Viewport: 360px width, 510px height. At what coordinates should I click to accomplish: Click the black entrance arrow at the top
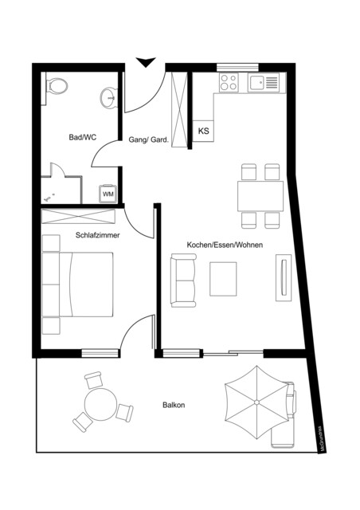pyautogui.click(x=145, y=62)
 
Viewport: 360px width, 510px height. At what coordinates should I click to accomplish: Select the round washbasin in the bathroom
pyautogui.click(x=108, y=98)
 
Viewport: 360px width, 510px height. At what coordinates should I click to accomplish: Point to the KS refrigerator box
pyautogui.click(x=204, y=131)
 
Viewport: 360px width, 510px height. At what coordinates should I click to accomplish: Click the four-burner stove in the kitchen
pyautogui.click(x=229, y=81)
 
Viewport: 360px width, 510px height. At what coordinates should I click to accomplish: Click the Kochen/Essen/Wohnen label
pyautogui.click(x=225, y=245)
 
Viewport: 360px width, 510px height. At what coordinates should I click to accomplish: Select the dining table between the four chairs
pyautogui.click(x=260, y=195)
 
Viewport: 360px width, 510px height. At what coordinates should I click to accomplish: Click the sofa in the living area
pyautogui.click(x=184, y=280)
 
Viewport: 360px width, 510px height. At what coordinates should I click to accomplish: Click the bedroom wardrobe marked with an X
pyautogui.click(x=78, y=218)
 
